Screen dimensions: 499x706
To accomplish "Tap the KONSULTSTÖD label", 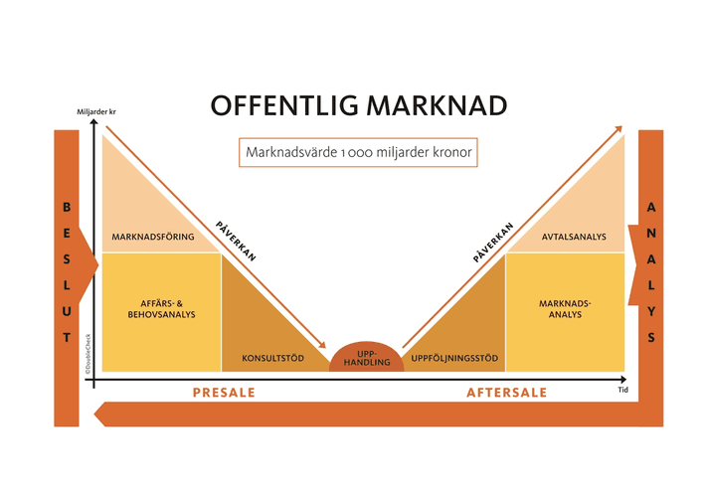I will [272, 358].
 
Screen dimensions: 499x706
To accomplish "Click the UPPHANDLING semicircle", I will [366, 357].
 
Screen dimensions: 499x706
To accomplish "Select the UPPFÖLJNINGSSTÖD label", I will [453, 358].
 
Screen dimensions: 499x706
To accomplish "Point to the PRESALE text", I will [224, 393].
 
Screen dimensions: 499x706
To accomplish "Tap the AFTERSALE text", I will [506, 393].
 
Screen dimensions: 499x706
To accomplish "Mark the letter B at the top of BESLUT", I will [67, 208].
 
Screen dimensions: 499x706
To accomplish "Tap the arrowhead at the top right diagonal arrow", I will [618, 129].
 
